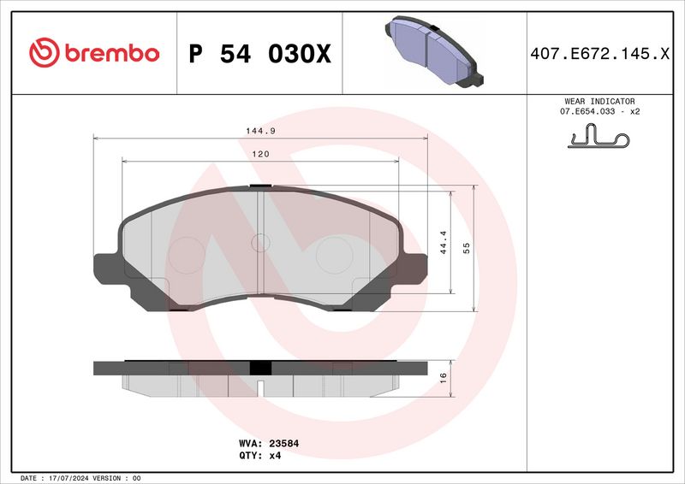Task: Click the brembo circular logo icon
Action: coord(43,53)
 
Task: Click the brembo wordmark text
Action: coord(110,53)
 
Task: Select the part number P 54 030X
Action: coord(259,54)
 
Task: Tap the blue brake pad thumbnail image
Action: coord(432,52)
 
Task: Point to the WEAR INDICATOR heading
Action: coord(600,101)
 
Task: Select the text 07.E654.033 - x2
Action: coord(600,112)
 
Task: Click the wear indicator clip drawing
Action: coord(599,137)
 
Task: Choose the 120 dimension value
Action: coord(260,154)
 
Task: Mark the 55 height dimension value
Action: coord(467,247)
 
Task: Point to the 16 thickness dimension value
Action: coord(443,377)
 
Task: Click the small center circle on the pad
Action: coord(259,244)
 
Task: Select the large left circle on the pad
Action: coord(186,254)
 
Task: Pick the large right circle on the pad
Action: coord(334,254)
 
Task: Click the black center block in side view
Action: coord(259,368)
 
